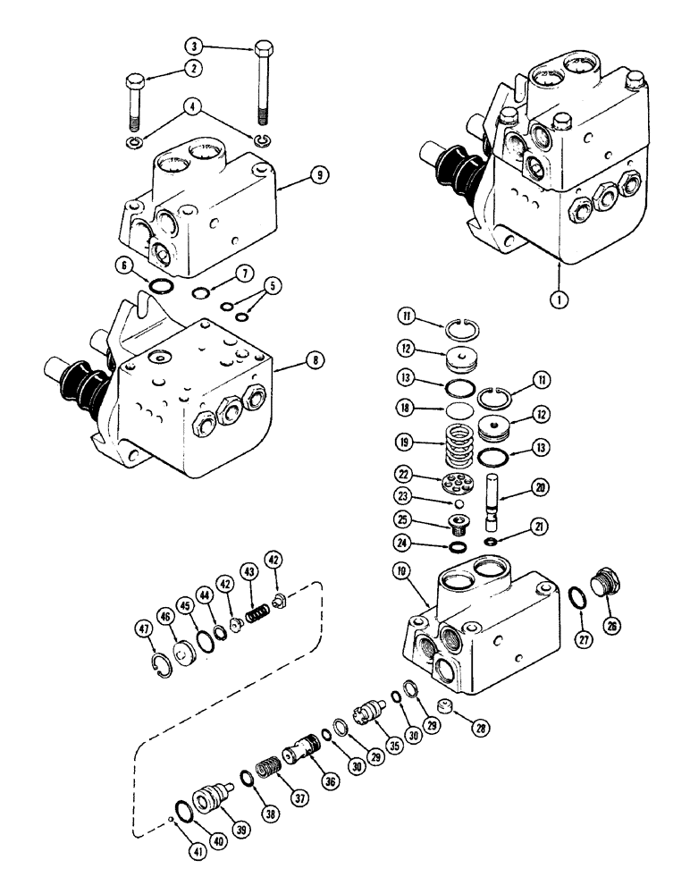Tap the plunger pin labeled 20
(x=491, y=501)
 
